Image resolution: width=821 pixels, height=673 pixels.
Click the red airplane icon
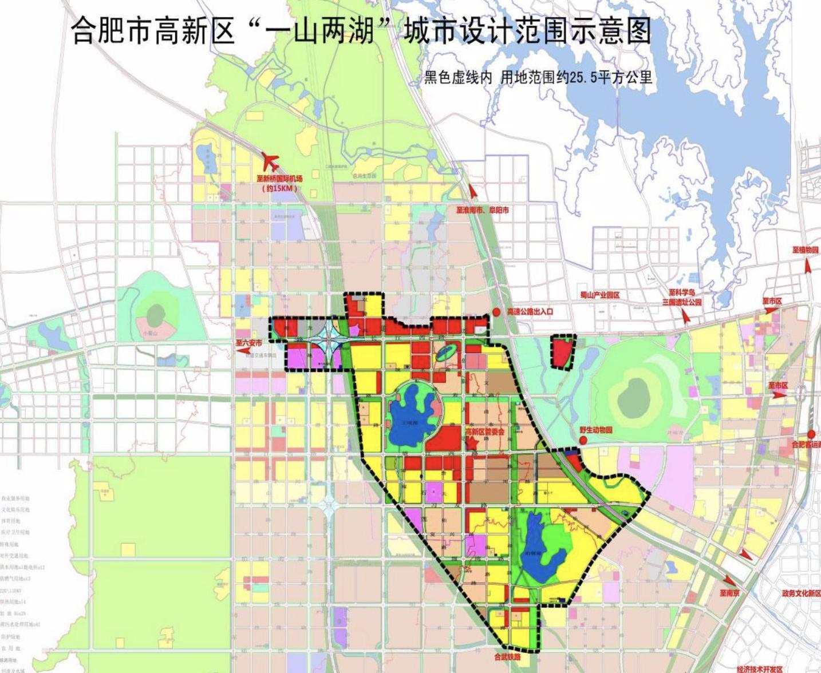tap(270, 161)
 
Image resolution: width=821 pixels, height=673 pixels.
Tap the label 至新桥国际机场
tap(280, 179)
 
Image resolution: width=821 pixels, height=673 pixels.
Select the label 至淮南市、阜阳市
tap(482, 210)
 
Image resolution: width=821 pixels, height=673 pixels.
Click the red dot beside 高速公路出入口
tap(496, 312)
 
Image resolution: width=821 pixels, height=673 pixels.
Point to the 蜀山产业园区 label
tap(599, 295)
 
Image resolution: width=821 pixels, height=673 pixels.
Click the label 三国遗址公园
tap(681, 302)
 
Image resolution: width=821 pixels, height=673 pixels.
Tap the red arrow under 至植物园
tap(808, 265)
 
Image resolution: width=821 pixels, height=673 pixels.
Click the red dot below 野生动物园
tap(583, 440)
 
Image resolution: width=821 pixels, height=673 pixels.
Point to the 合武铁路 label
tap(508, 658)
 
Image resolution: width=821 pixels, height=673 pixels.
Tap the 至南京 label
tap(730, 593)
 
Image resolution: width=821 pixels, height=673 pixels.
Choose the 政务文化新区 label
tap(800, 593)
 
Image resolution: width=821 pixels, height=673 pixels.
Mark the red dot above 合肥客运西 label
tap(812, 434)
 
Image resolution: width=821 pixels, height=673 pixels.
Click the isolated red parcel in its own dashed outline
tap(562, 352)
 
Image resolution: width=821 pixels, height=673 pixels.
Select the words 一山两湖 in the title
tap(324, 31)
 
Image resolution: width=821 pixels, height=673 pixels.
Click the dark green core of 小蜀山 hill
tap(156, 313)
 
